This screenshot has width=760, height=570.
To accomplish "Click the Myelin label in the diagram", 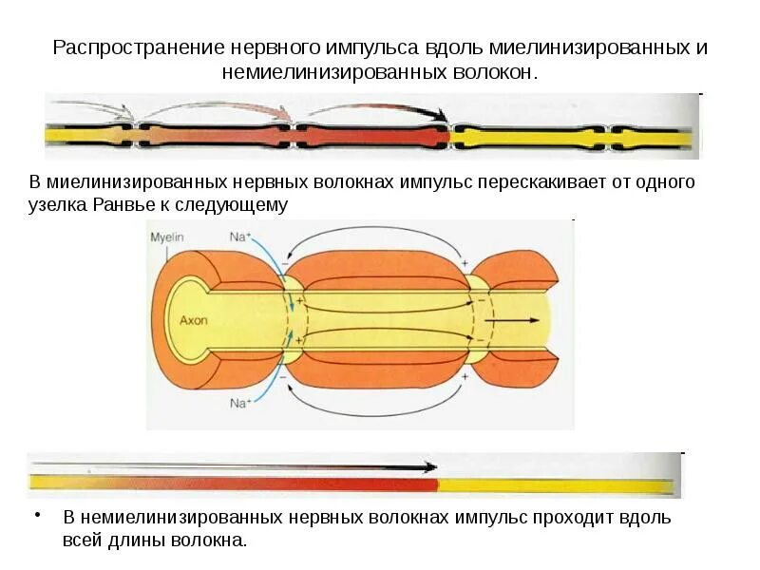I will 165,237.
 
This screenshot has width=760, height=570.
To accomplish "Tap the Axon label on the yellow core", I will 194,320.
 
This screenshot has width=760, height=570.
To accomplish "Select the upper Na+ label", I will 239,237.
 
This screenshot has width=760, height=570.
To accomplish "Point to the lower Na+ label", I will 239,403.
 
